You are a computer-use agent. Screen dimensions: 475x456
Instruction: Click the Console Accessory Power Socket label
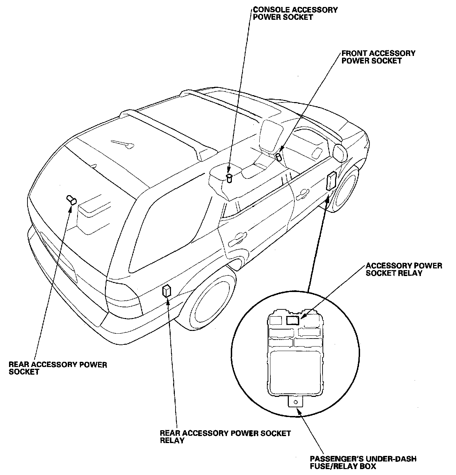pos(295,13)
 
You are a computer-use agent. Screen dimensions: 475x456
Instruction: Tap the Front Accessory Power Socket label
pos(378,57)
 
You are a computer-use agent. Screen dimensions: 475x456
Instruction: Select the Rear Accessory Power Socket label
pos(58,368)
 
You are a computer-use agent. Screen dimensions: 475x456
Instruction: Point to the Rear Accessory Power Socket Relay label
pos(225,437)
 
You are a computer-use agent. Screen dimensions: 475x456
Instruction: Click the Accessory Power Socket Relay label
pos(404,269)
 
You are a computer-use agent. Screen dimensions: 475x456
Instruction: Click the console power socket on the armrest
pos(229,178)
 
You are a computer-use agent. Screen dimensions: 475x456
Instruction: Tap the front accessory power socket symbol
pos(278,156)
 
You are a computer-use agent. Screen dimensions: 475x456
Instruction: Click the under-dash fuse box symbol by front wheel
pos(331,181)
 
